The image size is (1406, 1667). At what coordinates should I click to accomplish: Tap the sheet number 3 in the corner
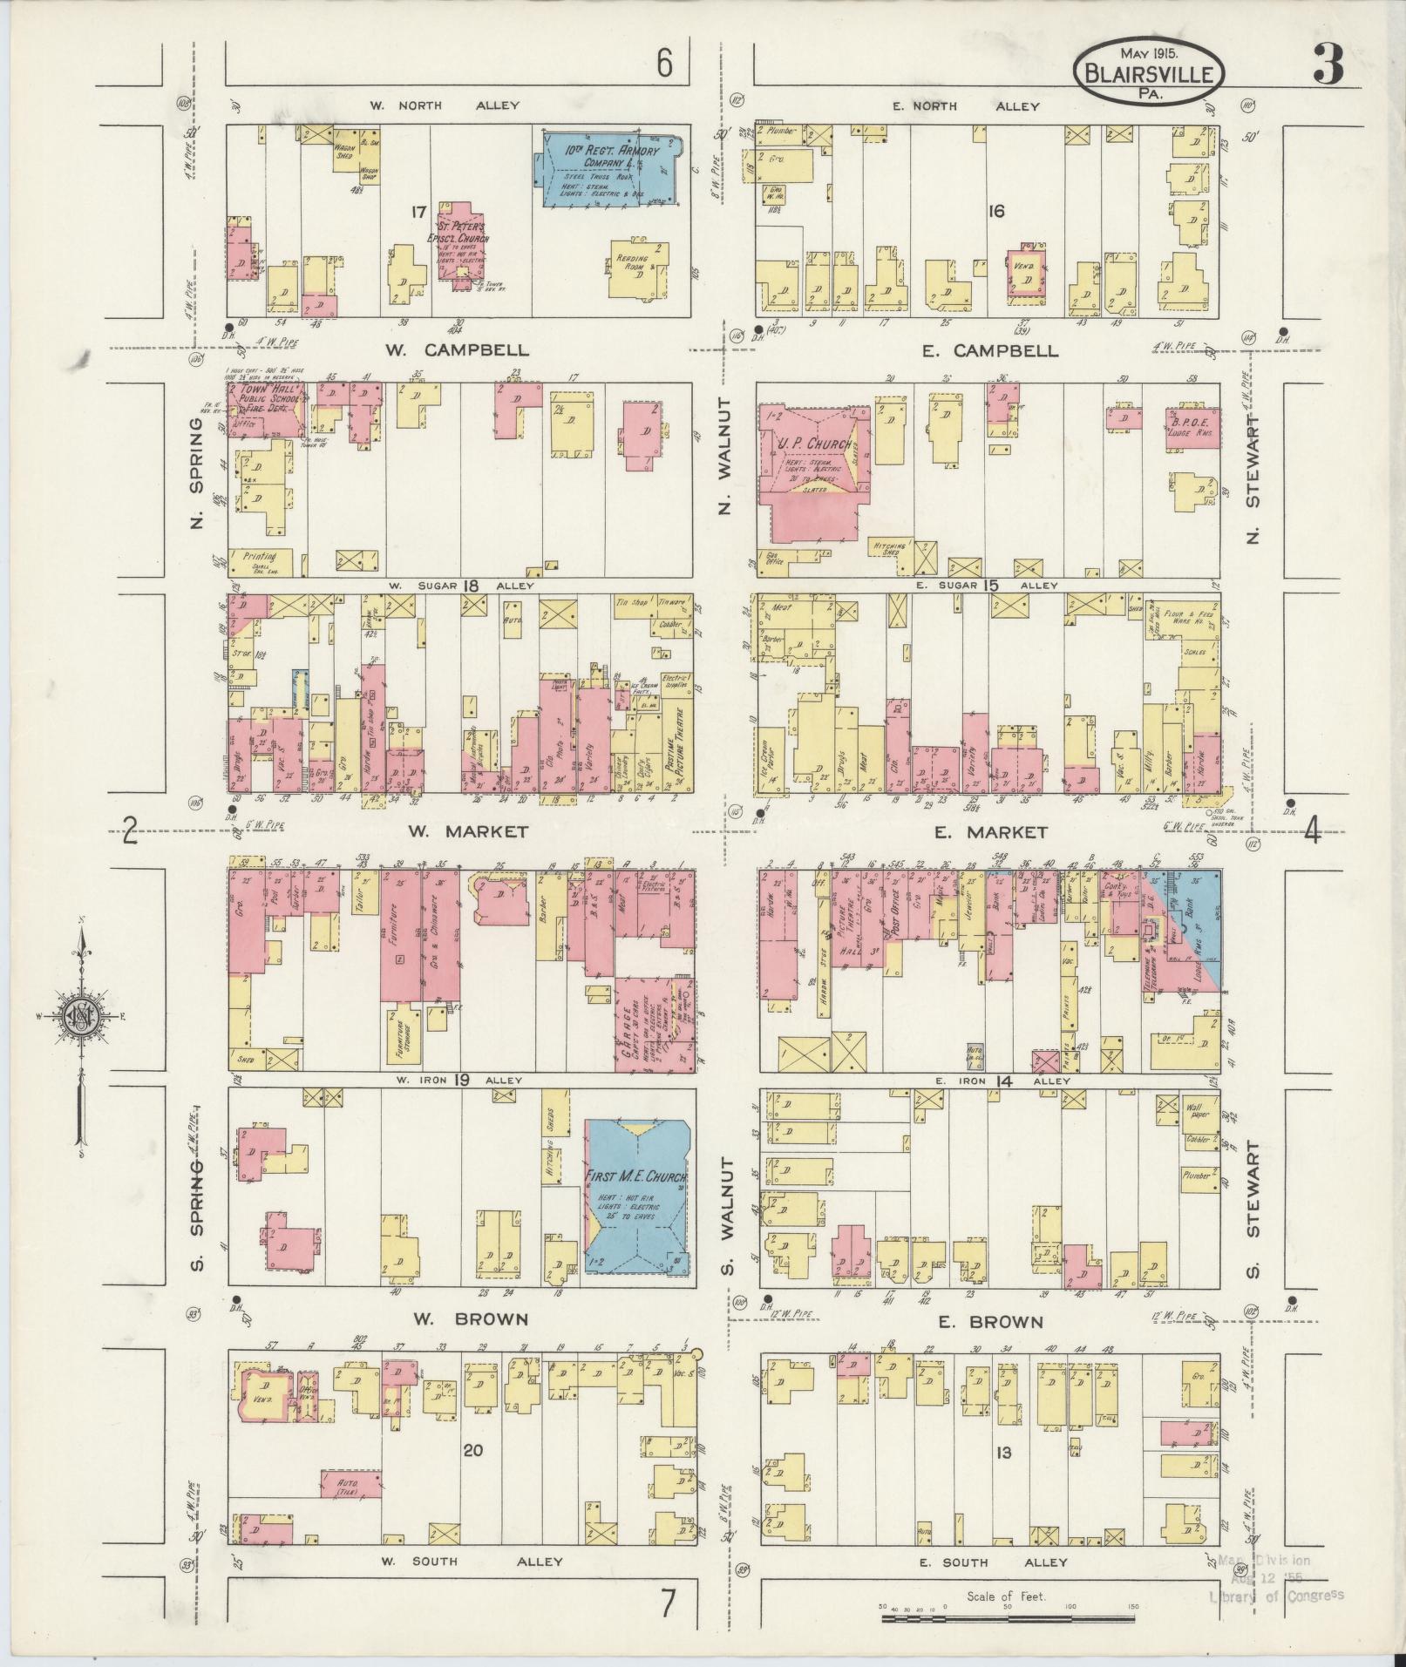[x=1328, y=63]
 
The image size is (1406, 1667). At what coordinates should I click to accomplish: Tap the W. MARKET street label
[x=468, y=831]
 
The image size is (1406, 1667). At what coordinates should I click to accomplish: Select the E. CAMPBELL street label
[x=992, y=351]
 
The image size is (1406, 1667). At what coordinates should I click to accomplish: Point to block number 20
[x=472, y=1450]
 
